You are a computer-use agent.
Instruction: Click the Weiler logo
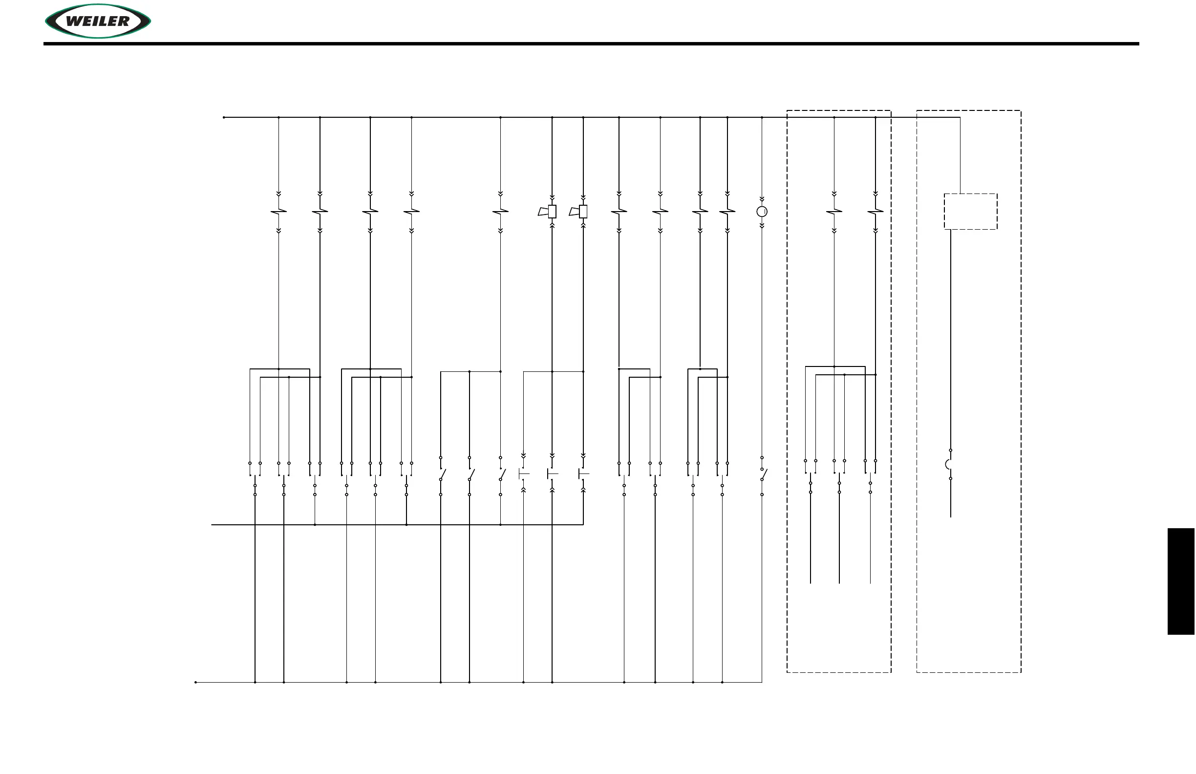point(98,21)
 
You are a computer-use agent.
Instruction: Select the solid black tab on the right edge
point(1181,581)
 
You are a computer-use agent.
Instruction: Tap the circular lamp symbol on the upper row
point(762,212)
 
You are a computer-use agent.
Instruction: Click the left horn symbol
point(548,212)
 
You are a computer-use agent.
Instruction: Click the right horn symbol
point(579,212)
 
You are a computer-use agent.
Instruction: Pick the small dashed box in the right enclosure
point(970,212)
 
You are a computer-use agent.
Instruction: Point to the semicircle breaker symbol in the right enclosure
point(949,464)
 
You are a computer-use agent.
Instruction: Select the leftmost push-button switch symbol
point(523,474)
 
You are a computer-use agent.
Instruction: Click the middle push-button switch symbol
point(552,474)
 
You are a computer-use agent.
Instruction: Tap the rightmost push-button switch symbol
point(583,474)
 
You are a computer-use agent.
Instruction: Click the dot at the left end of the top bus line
point(224,118)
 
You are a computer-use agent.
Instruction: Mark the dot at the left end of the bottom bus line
point(195,682)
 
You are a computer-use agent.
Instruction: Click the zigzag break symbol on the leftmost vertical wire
point(278,212)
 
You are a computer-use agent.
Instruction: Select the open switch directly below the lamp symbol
point(763,474)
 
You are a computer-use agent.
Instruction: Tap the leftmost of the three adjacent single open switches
point(442,474)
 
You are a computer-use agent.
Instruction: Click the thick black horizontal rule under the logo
point(591,43)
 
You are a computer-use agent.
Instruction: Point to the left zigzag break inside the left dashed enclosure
point(834,212)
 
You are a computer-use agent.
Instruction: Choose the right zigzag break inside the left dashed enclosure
point(876,212)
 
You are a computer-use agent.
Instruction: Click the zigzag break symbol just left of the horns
point(500,212)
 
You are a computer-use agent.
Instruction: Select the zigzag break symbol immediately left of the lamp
point(727,212)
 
